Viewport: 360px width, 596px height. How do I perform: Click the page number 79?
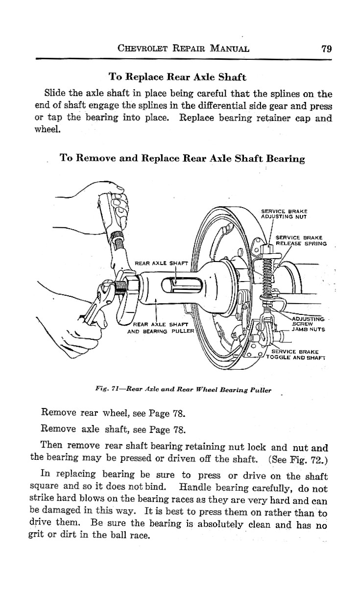coord(327,49)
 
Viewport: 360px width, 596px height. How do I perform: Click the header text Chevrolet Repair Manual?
coord(183,48)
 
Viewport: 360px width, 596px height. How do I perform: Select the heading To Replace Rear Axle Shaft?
coord(177,77)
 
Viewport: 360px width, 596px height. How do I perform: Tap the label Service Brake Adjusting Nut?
coord(284,214)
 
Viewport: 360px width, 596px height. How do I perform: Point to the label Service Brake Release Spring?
coord(301,240)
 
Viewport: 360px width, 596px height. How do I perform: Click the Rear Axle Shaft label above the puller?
coord(161,263)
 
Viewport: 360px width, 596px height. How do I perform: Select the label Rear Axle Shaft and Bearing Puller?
coord(161,328)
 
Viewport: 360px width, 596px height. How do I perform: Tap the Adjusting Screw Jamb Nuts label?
coord(309,324)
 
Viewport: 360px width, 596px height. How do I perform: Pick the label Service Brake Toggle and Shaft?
coord(295,355)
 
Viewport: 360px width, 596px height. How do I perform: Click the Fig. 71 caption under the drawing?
coord(183,390)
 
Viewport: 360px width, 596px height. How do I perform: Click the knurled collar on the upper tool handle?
coord(117,236)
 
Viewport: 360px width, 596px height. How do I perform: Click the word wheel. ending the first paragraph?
coord(48,129)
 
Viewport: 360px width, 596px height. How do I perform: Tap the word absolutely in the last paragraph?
coord(220,524)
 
